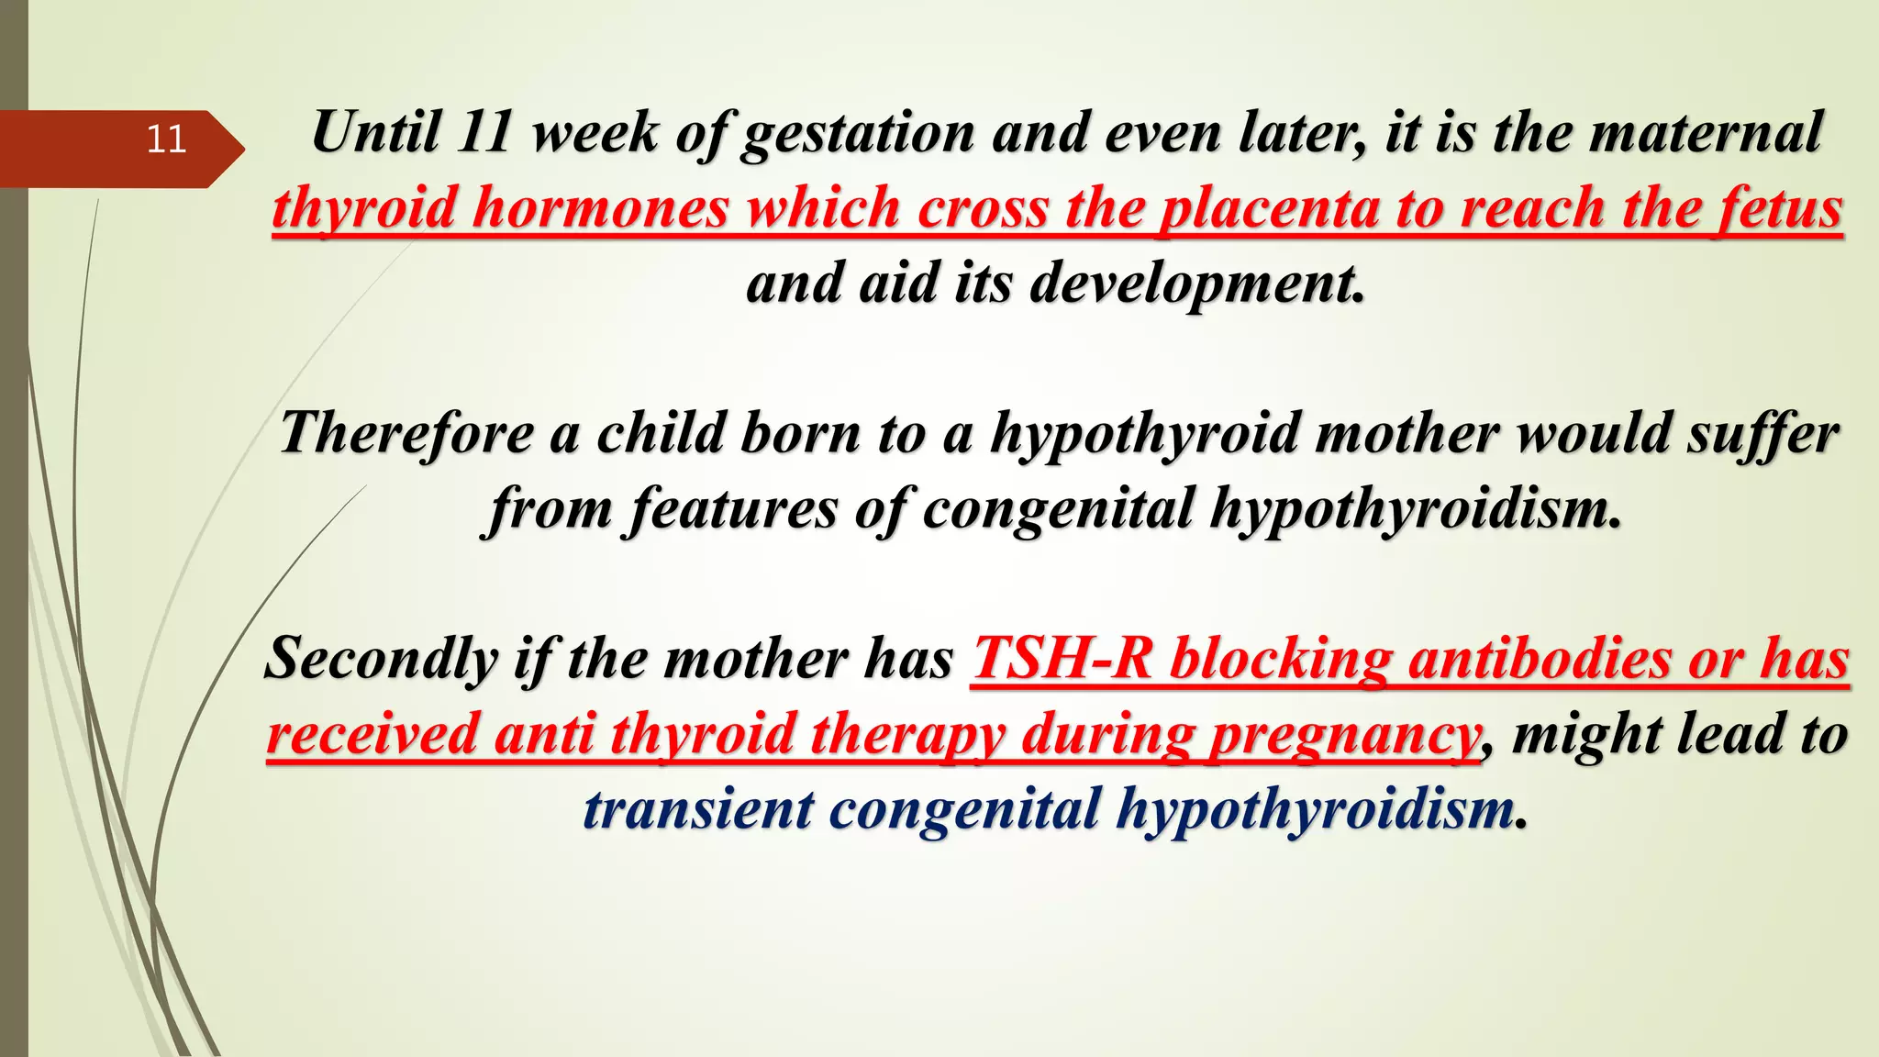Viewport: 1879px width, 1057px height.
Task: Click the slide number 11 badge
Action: [x=166, y=139]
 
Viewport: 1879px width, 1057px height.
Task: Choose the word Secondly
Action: [x=381, y=659]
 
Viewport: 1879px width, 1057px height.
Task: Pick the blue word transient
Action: [x=698, y=810]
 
